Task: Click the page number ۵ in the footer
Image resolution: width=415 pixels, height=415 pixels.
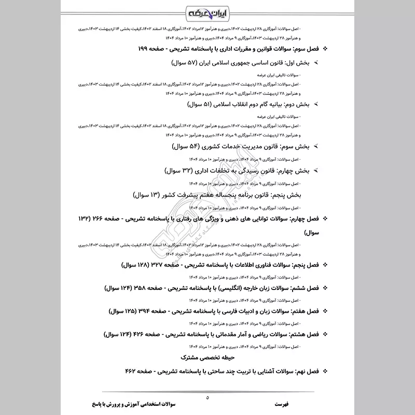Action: (x=206, y=397)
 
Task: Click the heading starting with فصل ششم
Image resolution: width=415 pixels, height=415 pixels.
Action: (x=213, y=287)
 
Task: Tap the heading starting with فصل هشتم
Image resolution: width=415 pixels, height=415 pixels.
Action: (x=213, y=335)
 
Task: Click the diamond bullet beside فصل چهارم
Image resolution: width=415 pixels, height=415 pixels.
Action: (x=325, y=220)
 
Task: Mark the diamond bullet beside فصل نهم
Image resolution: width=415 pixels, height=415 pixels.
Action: (x=325, y=372)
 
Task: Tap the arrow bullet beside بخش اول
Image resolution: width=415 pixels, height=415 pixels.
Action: (x=316, y=63)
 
